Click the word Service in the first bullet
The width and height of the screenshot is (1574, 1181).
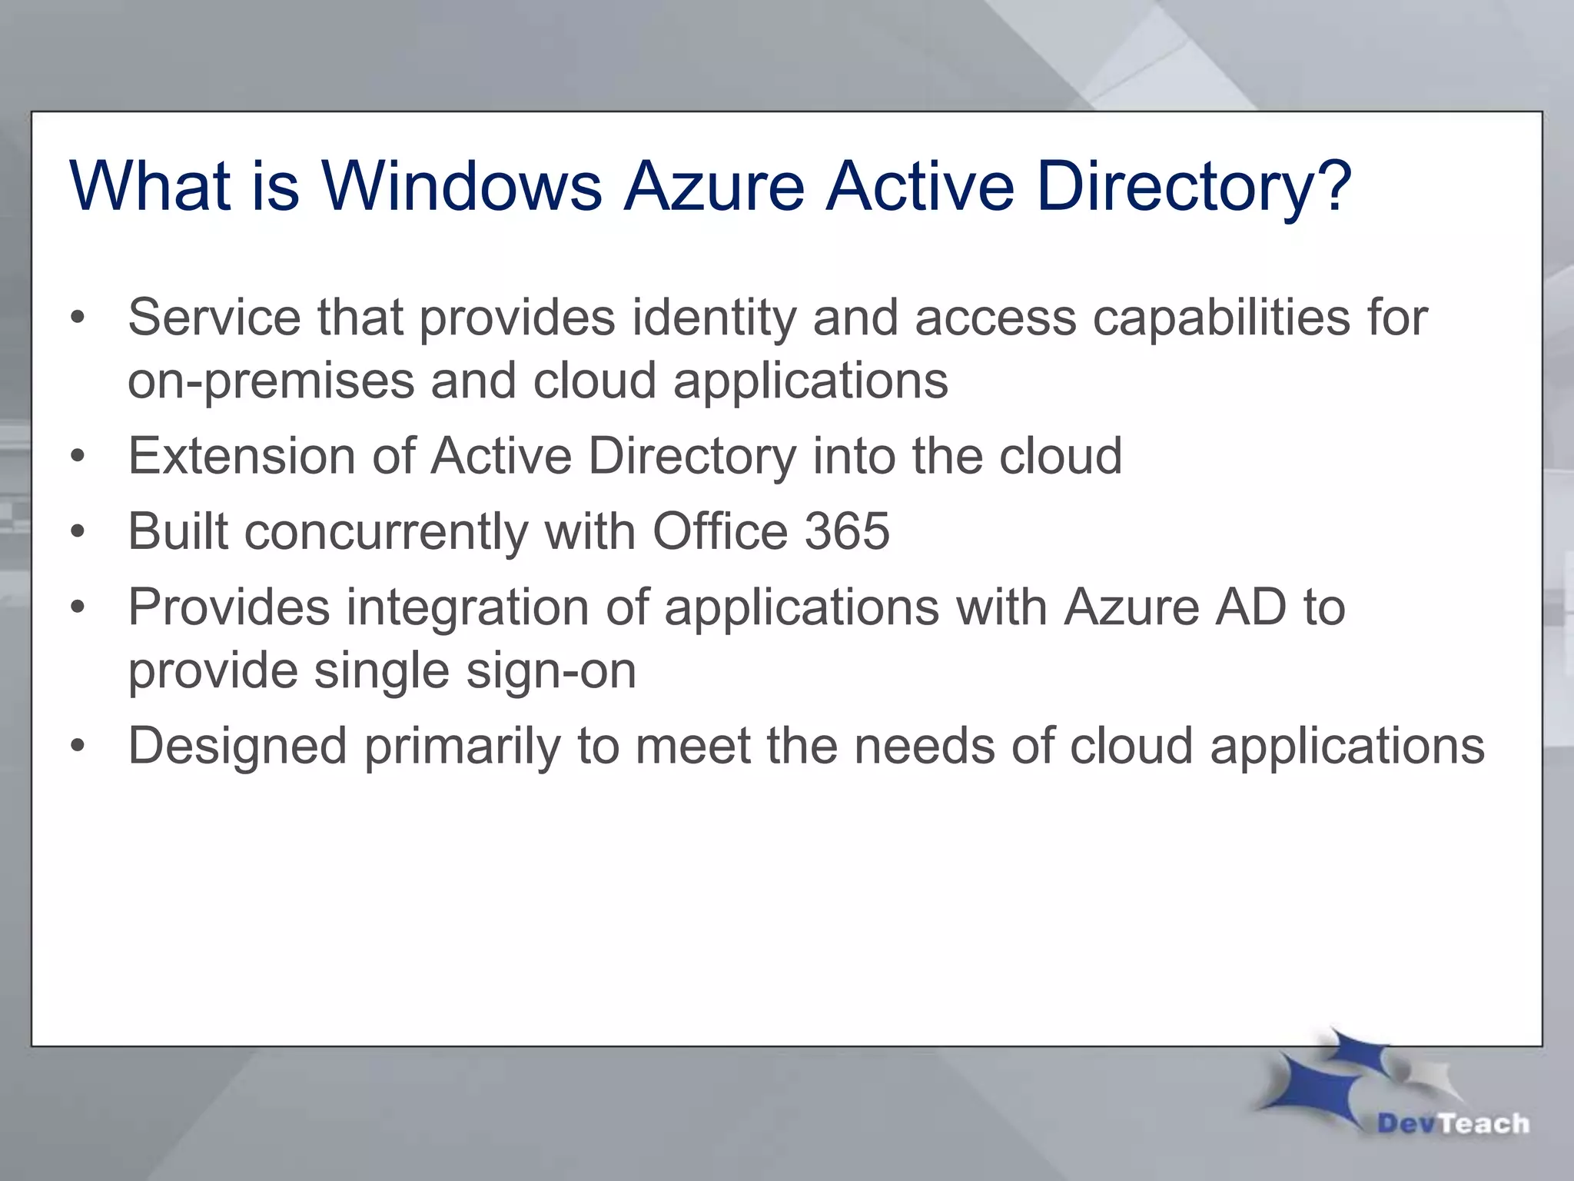coord(214,317)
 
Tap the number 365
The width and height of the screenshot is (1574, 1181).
coord(846,531)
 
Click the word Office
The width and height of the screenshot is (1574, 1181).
coord(720,531)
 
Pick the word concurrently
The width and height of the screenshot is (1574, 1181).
coord(386,531)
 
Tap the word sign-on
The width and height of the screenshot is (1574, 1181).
coord(551,671)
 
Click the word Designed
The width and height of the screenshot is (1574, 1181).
coord(237,747)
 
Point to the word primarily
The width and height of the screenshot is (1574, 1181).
coord(463,747)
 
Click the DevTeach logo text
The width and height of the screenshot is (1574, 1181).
coord(1453,1123)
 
